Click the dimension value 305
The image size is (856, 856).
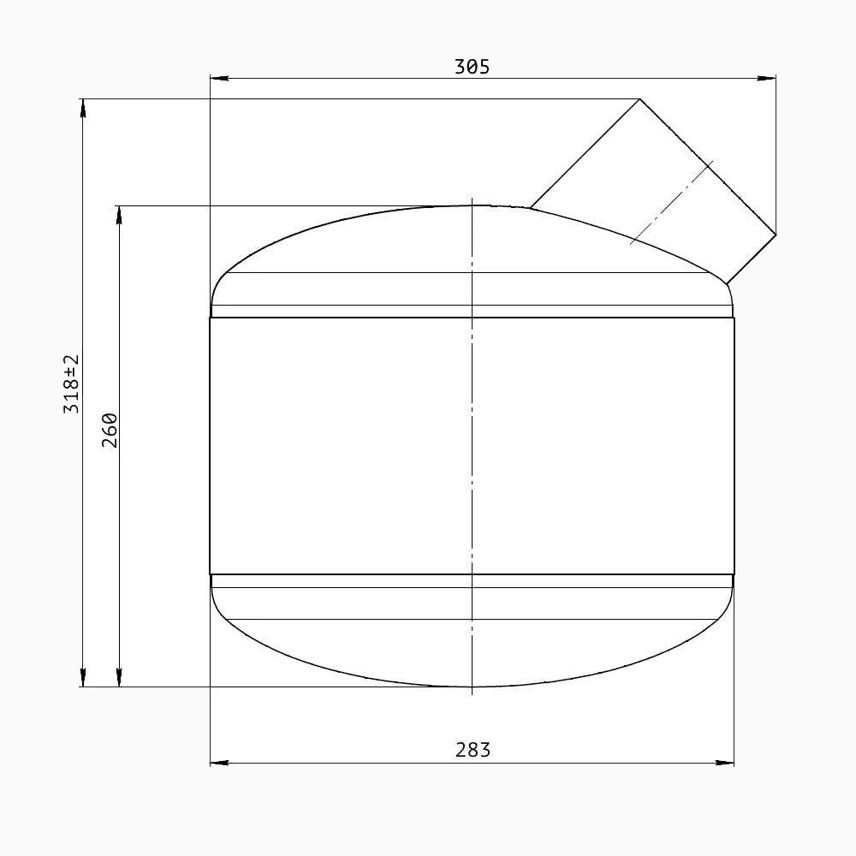pos(473,67)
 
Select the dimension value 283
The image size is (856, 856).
pos(473,750)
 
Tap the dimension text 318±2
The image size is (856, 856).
pos(72,383)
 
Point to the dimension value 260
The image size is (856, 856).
pos(110,431)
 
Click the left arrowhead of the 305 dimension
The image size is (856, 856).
pos(219,79)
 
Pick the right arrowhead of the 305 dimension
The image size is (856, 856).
pos(767,79)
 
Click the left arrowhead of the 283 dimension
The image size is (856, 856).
pos(219,763)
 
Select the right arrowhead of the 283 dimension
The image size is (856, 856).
pos(725,763)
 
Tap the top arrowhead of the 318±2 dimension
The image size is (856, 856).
pos(82,108)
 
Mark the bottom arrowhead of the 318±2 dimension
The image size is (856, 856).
pos(82,677)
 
